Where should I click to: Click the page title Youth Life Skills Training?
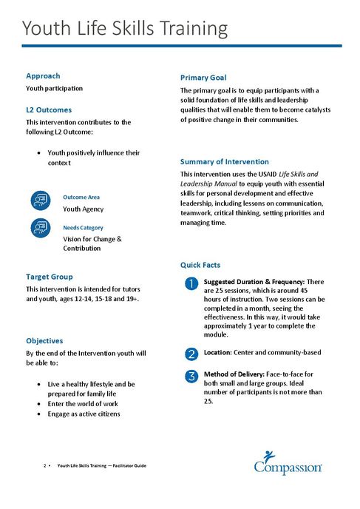[x=124, y=29]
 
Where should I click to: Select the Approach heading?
[x=43, y=75]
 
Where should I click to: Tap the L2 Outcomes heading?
[x=49, y=109]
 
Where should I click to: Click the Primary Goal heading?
[x=203, y=77]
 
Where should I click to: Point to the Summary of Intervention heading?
[x=225, y=161]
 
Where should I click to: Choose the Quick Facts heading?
[x=200, y=264]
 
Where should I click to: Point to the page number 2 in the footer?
[x=45, y=465]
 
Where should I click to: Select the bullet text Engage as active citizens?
[x=89, y=414]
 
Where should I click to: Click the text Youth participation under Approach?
[x=54, y=88]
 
